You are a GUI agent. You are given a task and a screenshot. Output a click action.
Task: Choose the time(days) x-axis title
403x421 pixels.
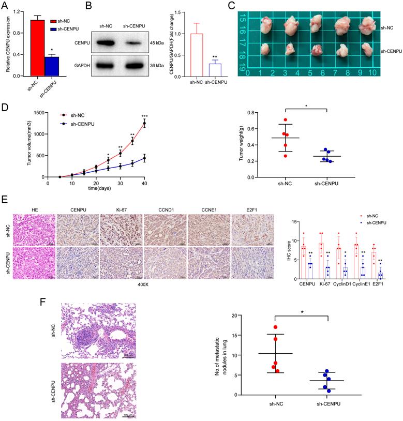pyautogui.click(x=96, y=190)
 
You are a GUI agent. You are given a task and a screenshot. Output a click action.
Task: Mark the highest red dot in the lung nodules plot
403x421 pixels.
pyautogui.click(x=276, y=327)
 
